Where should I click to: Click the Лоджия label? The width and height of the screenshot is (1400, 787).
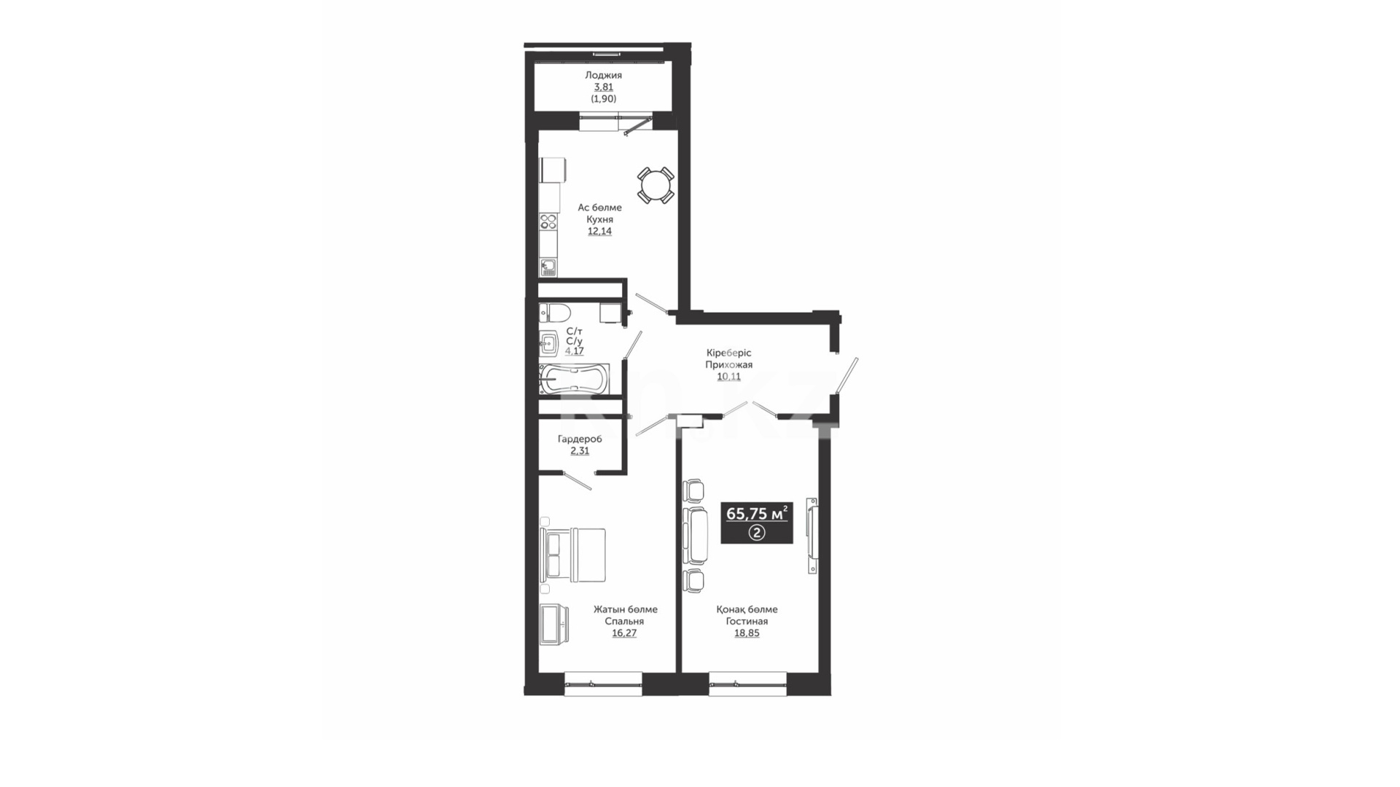pyautogui.click(x=603, y=75)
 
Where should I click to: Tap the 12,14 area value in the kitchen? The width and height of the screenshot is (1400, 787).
pyautogui.click(x=600, y=231)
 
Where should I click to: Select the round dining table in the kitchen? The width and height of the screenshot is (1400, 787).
pyautogui.click(x=656, y=185)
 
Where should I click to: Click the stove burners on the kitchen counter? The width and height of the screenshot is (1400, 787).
pyautogui.click(x=548, y=221)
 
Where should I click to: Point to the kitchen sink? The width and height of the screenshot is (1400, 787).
pyautogui.click(x=548, y=267)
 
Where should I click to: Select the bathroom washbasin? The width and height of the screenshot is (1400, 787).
pyautogui.click(x=549, y=342)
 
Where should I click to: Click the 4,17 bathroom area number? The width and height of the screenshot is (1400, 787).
pyautogui.click(x=575, y=351)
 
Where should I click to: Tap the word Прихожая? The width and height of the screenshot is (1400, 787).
pyautogui.click(x=728, y=364)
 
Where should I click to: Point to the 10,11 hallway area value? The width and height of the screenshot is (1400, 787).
pyautogui.click(x=728, y=377)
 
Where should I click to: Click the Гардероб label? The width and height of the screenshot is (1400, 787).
pyautogui.click(x=580, y=439)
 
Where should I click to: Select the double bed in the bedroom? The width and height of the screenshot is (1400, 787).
pyautogui.click(x=573, y=555)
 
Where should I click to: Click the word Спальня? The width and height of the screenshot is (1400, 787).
pyautogui.click(x=624, y=622)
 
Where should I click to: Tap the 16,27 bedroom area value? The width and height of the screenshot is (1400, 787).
pyautogui.click(x=624, y=633)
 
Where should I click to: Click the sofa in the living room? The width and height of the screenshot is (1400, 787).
pyautogui.click(x=696, y=535)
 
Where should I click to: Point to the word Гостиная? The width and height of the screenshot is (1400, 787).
pyautogui.click(x=747, y=622)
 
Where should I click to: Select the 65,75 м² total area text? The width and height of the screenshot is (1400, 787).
pyautogui.click(x=757, y=514)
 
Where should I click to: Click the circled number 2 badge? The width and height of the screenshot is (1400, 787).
pyautogui.click(x=757, y=533)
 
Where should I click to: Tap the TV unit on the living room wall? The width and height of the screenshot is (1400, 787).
pyautogui.click(x=812, y=536)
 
